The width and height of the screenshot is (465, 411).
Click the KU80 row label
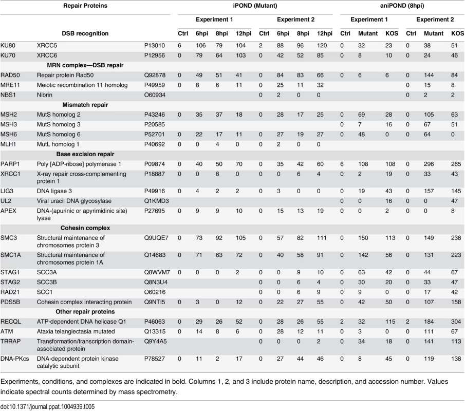8,46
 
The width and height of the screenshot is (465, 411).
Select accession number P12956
155,55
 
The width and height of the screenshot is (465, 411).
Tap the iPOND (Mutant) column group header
255,6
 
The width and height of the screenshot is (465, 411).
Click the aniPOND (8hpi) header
402,6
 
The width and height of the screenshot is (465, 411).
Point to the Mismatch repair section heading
85,105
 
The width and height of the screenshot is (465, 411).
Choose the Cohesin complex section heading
85,228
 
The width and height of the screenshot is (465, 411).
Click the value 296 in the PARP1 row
429,164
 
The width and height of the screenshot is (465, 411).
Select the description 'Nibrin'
45,95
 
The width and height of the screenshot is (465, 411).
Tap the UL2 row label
6,201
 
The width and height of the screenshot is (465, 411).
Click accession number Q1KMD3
157,201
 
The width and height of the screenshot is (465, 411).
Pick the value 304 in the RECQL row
456,322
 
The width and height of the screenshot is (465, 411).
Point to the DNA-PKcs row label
15,359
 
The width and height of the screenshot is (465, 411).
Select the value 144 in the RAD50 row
429,76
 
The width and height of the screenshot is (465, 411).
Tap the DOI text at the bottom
47,406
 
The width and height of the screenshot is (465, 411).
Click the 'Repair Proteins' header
85,6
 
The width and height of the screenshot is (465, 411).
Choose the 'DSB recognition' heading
85,33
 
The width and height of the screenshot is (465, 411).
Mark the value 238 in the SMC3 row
456,238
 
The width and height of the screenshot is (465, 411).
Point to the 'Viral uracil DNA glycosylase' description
74,201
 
